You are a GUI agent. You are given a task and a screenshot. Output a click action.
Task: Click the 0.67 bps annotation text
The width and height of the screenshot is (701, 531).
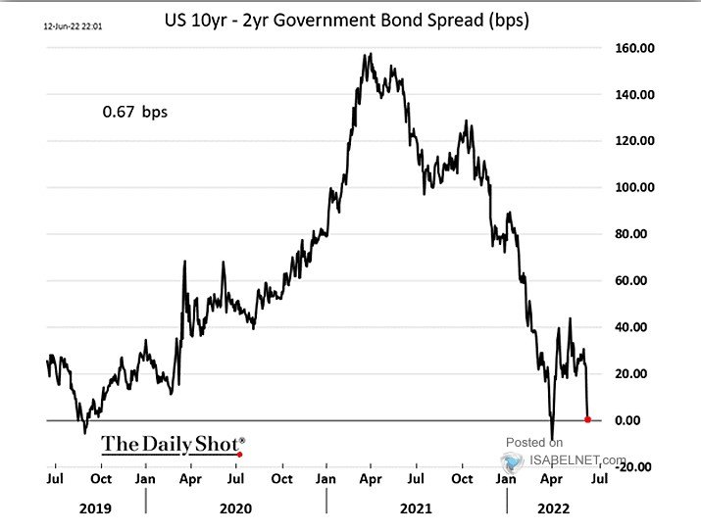[135, 112]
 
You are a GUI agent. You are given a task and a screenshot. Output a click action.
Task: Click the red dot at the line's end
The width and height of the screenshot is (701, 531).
[588, 419]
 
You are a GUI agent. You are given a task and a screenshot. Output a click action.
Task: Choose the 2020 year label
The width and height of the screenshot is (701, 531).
[235, 508]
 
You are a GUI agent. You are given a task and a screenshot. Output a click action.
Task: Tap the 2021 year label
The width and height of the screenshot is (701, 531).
[416, 508]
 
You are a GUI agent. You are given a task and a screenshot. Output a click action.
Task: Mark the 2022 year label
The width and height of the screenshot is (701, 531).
[553, 508]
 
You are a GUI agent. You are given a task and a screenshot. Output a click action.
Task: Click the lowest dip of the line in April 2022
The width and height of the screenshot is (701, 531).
[552, 439]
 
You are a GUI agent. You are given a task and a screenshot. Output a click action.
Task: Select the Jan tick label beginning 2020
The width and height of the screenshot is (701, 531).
[145, 480]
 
